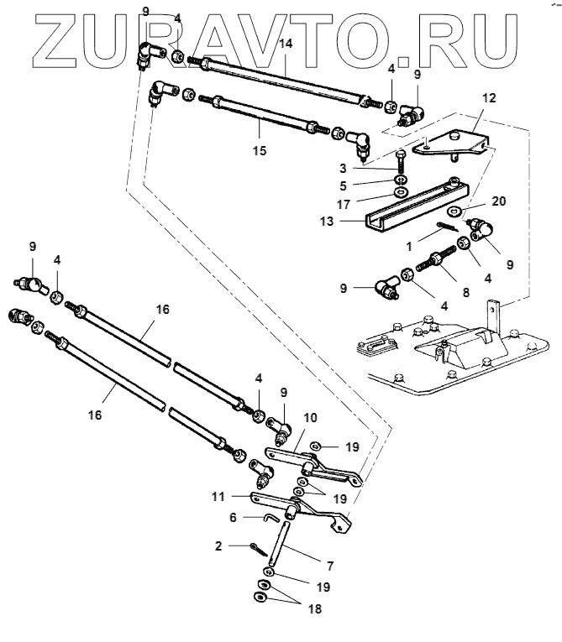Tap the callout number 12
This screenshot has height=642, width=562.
488,98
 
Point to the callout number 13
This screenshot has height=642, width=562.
348,222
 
